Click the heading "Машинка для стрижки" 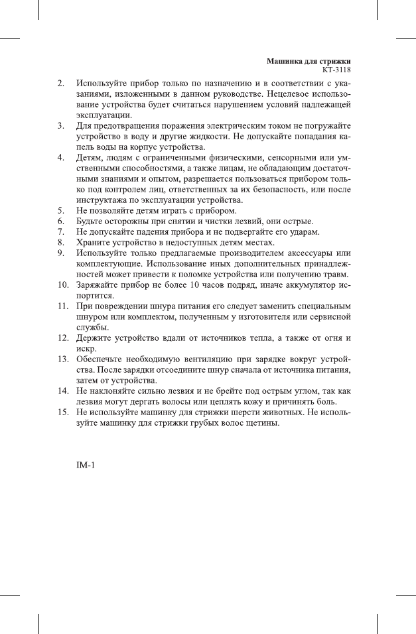(309, 60)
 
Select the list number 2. (60, 84)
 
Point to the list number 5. (60, 210)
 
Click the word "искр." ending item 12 (86, 348)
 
